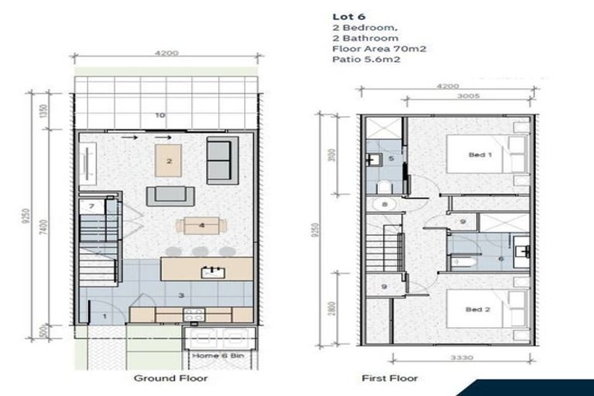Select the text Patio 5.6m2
tap(352, 60)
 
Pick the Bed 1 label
tap(480, 155)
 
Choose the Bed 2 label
tap(480, 309)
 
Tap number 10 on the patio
tap(160, 115)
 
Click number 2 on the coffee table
tap(169, 161)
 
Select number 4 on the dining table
tap(201, 226)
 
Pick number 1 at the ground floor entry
tap(104, 316)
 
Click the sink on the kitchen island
tap(207, 271)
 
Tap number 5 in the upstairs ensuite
tap(391, 159)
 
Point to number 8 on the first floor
tap(384, 205)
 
